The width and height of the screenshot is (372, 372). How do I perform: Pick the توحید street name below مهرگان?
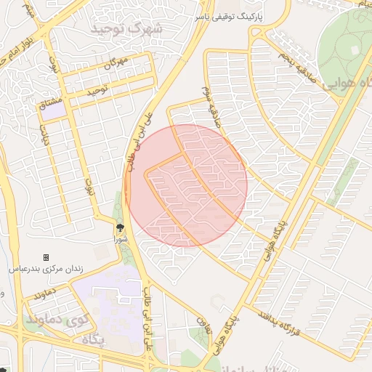pos(97,92)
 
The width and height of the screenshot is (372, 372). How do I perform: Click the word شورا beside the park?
pos(120,238)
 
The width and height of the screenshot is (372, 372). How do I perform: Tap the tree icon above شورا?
pos(120,227)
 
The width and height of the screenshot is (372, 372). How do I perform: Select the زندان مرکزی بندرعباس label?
pos(46,268)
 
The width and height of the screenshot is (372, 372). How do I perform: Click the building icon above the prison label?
pos(46,257)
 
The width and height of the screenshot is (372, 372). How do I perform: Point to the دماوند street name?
pos(45,294)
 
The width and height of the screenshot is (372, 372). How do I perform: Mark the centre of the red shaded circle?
pos(189,185)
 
